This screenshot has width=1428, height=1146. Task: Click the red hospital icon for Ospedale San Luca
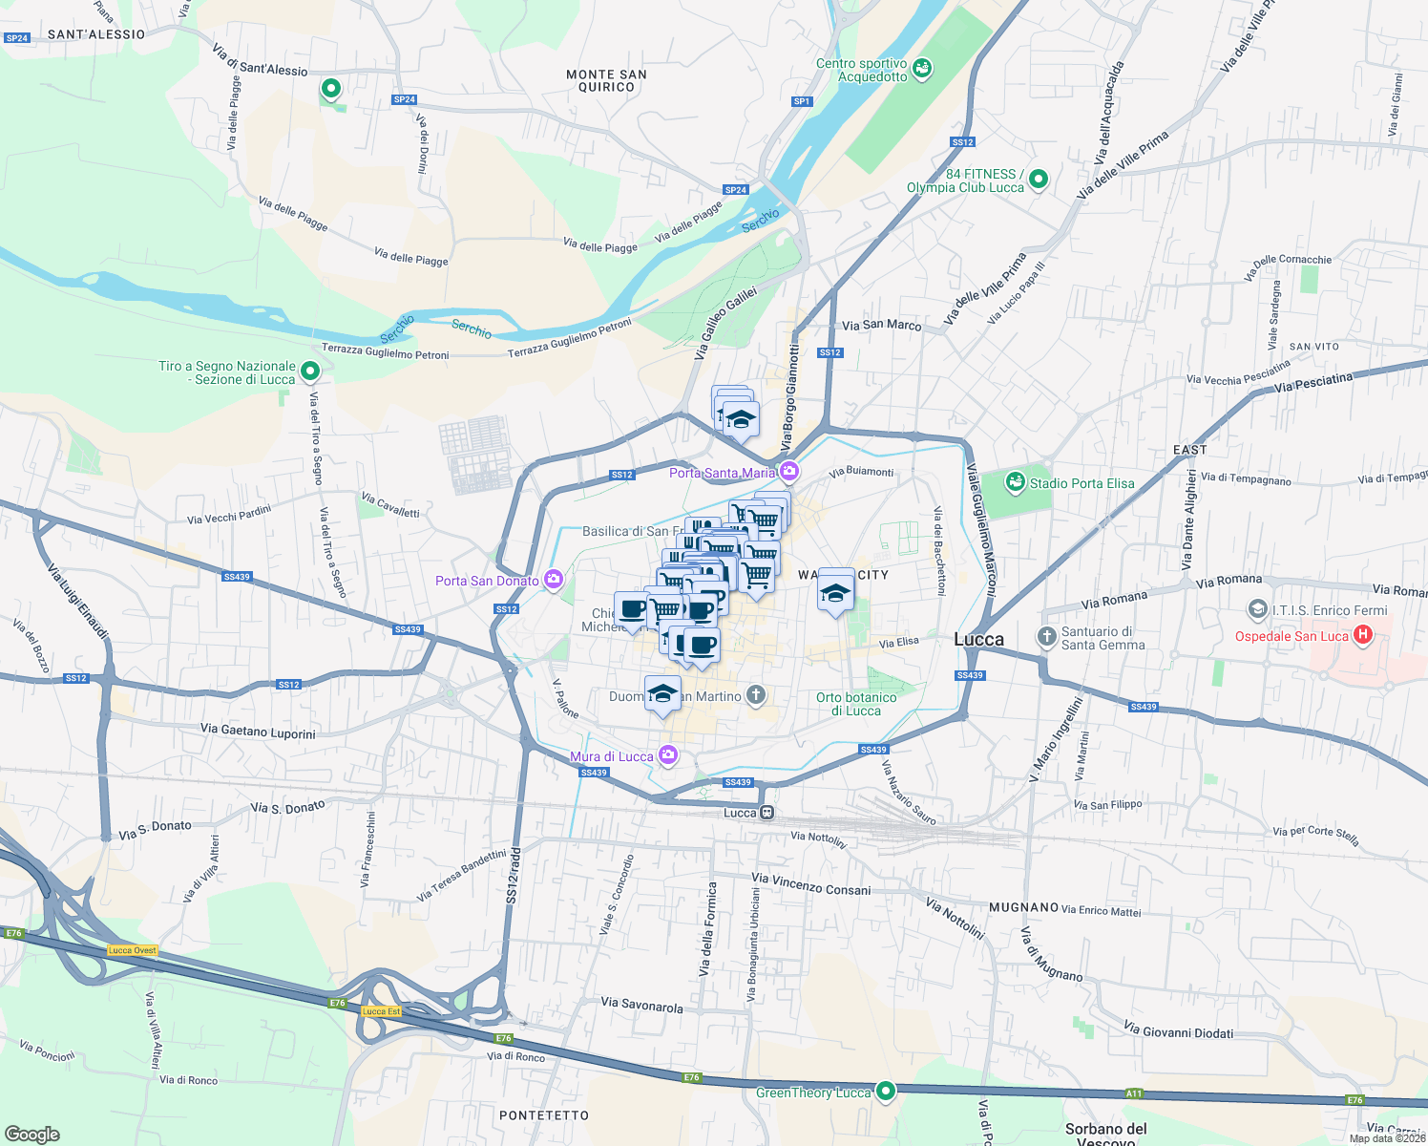1363,634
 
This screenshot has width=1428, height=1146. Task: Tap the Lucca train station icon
766,813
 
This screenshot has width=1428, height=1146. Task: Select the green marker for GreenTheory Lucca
886,1091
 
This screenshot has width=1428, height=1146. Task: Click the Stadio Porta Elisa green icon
1015,482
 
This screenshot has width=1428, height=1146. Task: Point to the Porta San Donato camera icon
553,580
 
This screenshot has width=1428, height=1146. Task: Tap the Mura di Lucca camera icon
668,755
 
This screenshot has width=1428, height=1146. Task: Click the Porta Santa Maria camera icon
788,471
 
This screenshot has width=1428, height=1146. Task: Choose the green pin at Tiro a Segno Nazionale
309,371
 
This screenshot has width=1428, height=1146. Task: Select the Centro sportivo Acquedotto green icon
922,69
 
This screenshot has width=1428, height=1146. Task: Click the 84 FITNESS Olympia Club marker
1039,179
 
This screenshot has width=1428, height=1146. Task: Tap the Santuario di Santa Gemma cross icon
1047,636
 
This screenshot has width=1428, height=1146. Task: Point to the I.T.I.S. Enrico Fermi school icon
1257,609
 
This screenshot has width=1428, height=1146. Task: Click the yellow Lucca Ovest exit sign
132,950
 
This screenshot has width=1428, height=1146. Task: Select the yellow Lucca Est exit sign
381,1011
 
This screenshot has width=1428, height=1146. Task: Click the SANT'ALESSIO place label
96,34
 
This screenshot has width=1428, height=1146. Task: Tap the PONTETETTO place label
544,1115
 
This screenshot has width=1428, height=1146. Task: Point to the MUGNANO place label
1023,907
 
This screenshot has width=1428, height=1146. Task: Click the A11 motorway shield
1133,1093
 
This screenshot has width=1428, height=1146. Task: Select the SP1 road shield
801,101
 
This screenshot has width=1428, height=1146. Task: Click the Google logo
31,1134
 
